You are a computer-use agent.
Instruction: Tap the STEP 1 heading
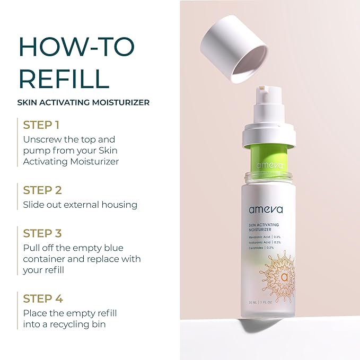pos(41,125)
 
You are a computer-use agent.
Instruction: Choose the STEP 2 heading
pos(42,190)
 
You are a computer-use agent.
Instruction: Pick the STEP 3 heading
pos(42,233)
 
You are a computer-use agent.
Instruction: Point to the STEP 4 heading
pos(42,298)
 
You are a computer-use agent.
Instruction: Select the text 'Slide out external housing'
pos(80,204)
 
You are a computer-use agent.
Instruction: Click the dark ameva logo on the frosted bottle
pos(265,209)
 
